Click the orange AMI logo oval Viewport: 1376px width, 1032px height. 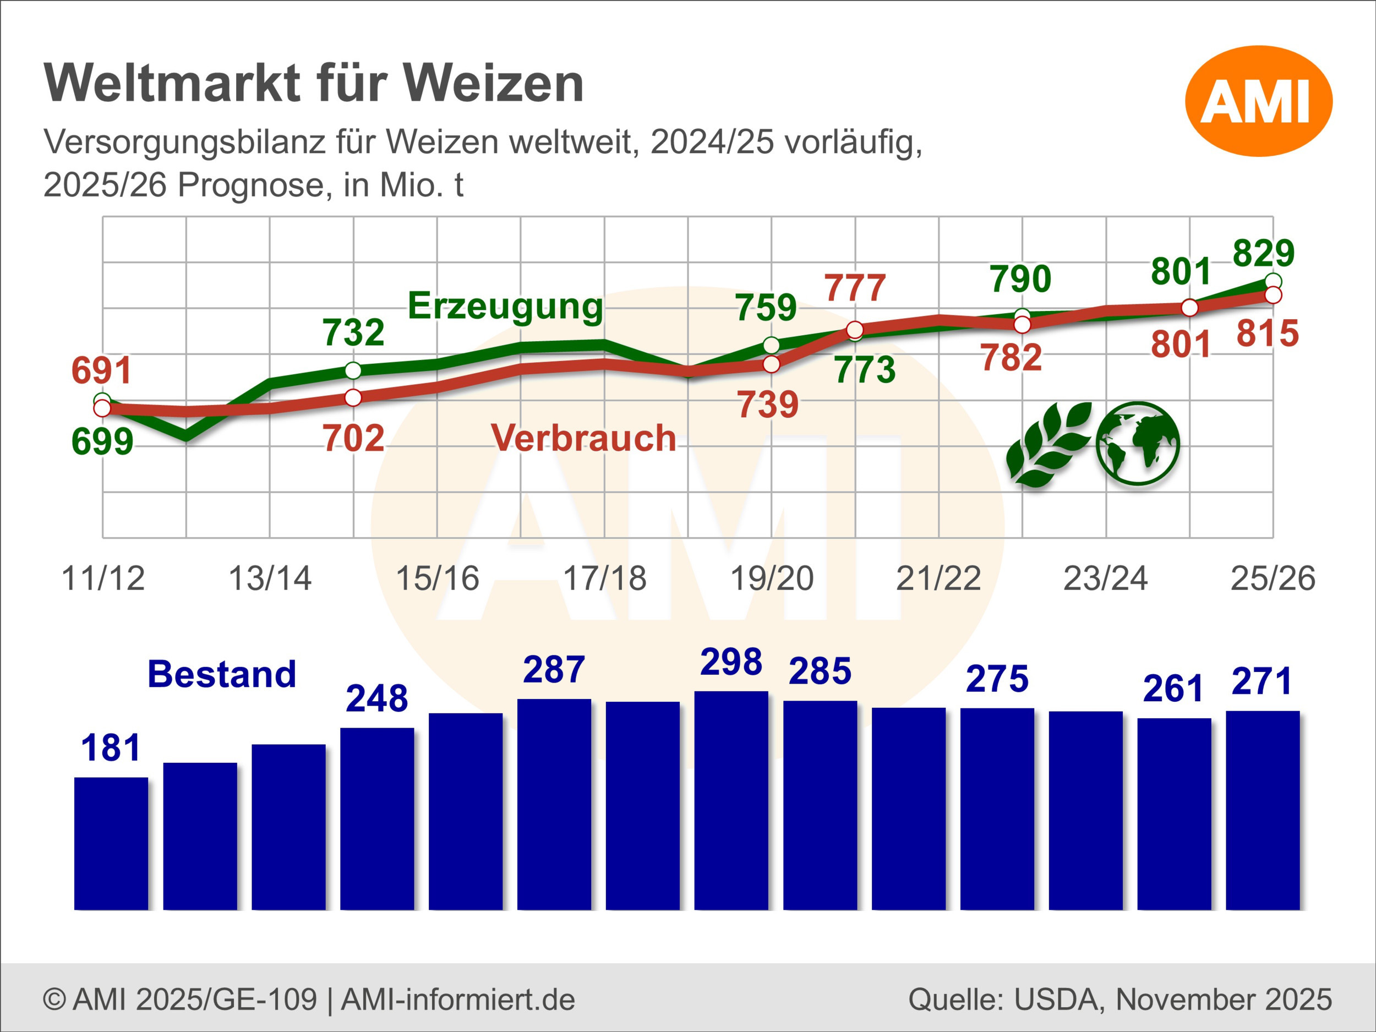click(1259, 101)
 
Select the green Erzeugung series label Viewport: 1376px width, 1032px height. click(505, 306)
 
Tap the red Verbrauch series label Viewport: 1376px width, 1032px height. click(583, 438)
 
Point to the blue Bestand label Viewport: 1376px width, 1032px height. click(222, 674)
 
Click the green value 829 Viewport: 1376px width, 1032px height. click(1263, 253)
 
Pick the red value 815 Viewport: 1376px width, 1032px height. click(1268, 334)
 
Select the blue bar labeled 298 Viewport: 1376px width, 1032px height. click(731, 801)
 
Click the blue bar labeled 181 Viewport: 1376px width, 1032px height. click(111, 844)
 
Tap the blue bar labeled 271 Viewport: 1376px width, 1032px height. click(1263, 811)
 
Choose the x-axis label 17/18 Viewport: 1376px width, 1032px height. click(605, 578)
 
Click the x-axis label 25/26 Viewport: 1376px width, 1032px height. click(1273, 578)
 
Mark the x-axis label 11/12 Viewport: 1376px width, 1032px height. click(103, 578)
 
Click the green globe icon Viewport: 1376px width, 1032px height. click(1138, 444)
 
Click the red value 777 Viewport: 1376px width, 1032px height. click(855, 288)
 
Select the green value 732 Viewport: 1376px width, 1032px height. click(353, 333)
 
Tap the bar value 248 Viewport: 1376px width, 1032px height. click(377, 698)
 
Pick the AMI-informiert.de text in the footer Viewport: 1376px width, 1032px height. click(458, 1000)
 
